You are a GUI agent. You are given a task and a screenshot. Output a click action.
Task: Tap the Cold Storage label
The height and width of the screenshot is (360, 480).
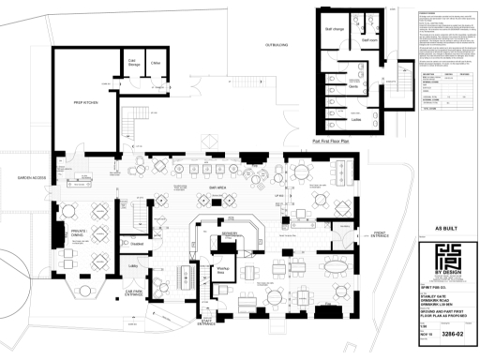pos(134,63)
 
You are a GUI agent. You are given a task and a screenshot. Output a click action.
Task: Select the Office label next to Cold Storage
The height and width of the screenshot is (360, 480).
pos(156,63)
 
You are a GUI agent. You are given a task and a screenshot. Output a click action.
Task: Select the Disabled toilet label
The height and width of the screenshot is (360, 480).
pos(135,244)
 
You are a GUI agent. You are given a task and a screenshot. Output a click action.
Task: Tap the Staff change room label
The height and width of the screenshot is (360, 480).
pos(337,31)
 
